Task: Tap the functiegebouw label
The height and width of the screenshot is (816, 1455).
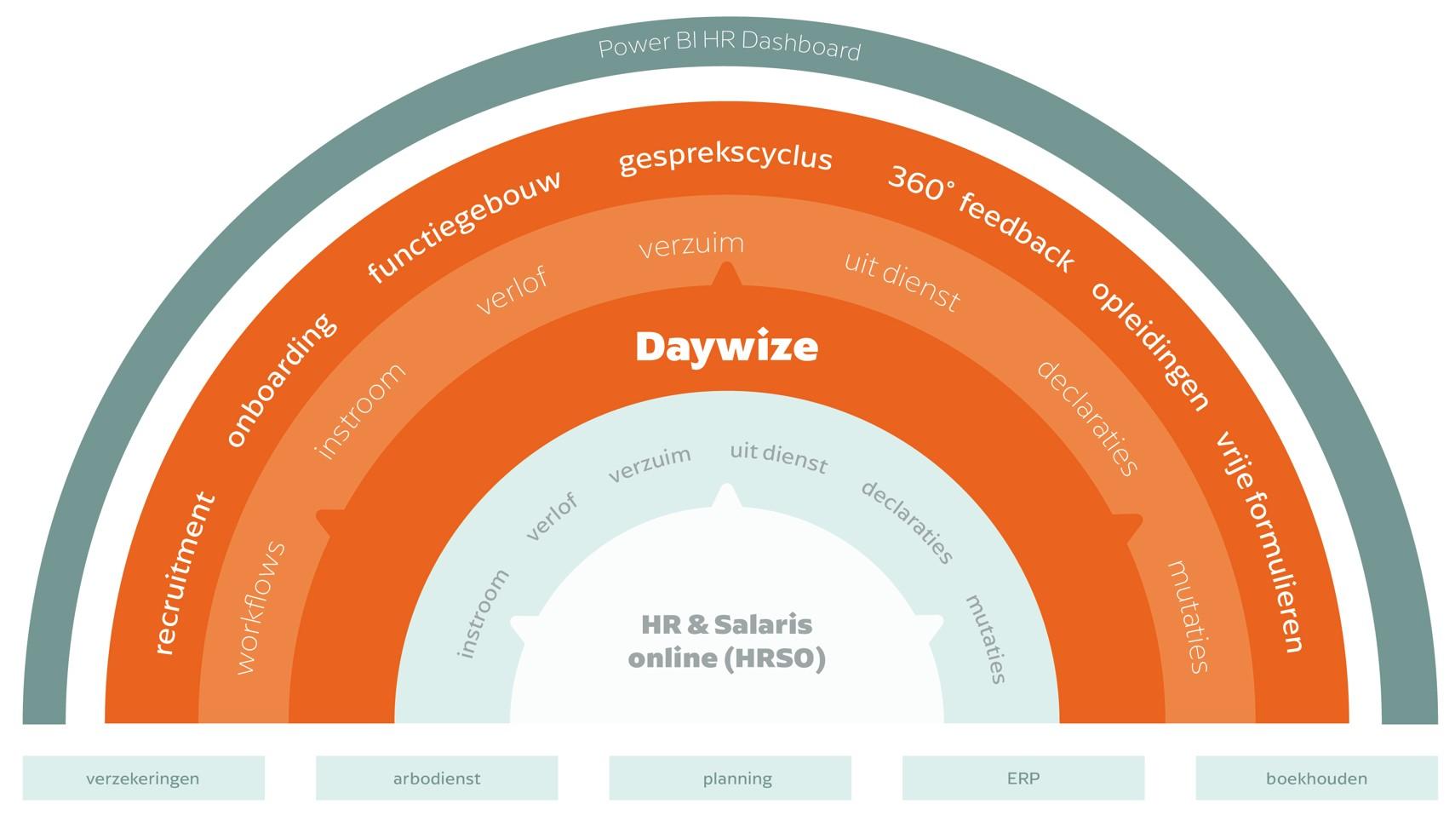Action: click(464, 226)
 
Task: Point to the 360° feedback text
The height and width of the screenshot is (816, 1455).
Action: click(981, 219)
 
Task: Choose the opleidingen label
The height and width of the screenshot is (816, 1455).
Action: click(1150, 345)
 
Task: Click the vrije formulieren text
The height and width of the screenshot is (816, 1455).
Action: click(1259, 542)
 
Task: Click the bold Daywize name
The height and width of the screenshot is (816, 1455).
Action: click(726, 347)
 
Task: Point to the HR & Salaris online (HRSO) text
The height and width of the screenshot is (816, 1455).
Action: click(726, 641)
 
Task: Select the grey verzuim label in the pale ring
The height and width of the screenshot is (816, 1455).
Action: click(649, 464)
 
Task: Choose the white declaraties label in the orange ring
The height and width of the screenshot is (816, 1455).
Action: click(1086, 418)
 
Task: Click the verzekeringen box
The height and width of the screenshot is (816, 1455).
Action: click(143, 778)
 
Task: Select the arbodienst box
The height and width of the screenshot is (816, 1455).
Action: click(437, 778)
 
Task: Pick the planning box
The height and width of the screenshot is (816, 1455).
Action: click(730, 778)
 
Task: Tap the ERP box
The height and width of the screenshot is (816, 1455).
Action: click(1023, 778)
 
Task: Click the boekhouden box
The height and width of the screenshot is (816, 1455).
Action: click(1316, 778)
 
